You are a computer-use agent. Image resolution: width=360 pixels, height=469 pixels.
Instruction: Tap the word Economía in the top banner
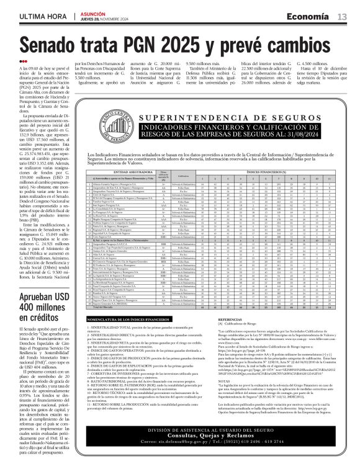tap(310, 16)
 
